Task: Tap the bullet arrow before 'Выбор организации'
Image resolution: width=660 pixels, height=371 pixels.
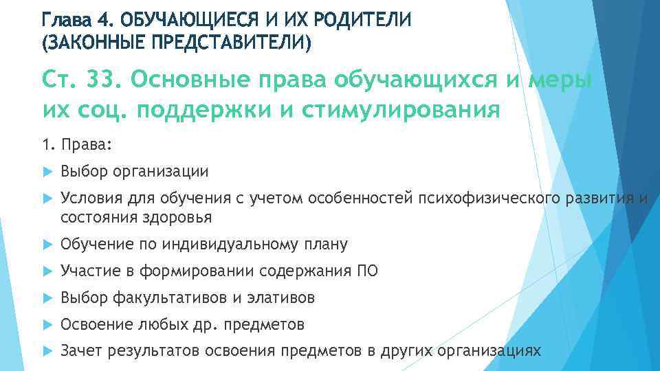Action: (x=47, y=171)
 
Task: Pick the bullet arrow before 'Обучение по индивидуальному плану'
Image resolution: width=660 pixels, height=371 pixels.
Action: (x=47, y=245)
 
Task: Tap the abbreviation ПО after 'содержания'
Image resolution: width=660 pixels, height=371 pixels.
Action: (x=368, y=271)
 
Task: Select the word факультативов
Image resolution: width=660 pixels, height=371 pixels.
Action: (x=166, y=297)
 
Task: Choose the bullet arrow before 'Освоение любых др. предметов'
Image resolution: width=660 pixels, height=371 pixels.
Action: (x=47, y=324)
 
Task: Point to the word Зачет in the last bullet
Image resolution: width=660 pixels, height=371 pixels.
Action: (x=80, y=350)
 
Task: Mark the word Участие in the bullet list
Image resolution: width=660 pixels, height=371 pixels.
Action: (x=89, y=271)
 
